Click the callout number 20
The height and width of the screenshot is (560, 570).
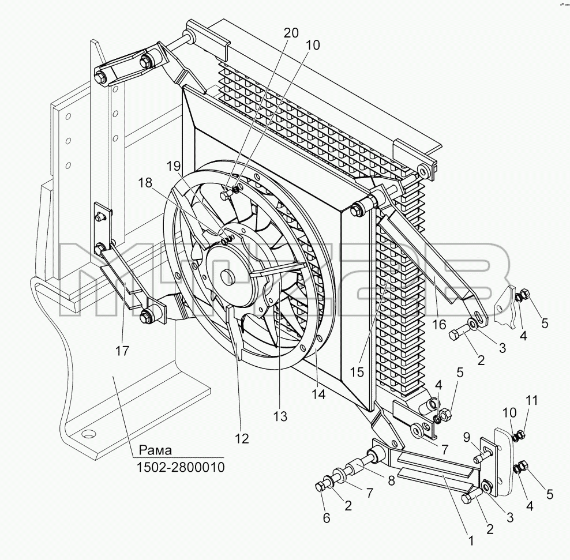[x=291, y=33]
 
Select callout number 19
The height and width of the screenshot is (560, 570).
[x=174, y=166]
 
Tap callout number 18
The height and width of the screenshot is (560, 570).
[x=145, y=183]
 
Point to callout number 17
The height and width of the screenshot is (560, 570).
[x=122, y=351]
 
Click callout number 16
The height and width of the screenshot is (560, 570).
[x=439, y=324]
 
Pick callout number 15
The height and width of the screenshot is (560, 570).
[x=357, y=372]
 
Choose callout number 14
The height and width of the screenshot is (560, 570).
[x=318, y=394]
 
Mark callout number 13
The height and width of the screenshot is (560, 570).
[x=280, y=416]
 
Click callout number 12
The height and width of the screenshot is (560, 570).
[x=242, y=439]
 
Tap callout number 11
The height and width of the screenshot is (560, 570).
[x=531, y=400]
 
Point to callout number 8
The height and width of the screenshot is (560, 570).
[x=391, y=481]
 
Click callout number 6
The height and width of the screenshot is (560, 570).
[x=327, y=518]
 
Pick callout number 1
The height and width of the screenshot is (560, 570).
[x=471, y=541]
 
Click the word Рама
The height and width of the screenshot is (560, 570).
[x=156, y=450]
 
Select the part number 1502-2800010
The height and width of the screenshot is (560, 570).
[x=181, y=467]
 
